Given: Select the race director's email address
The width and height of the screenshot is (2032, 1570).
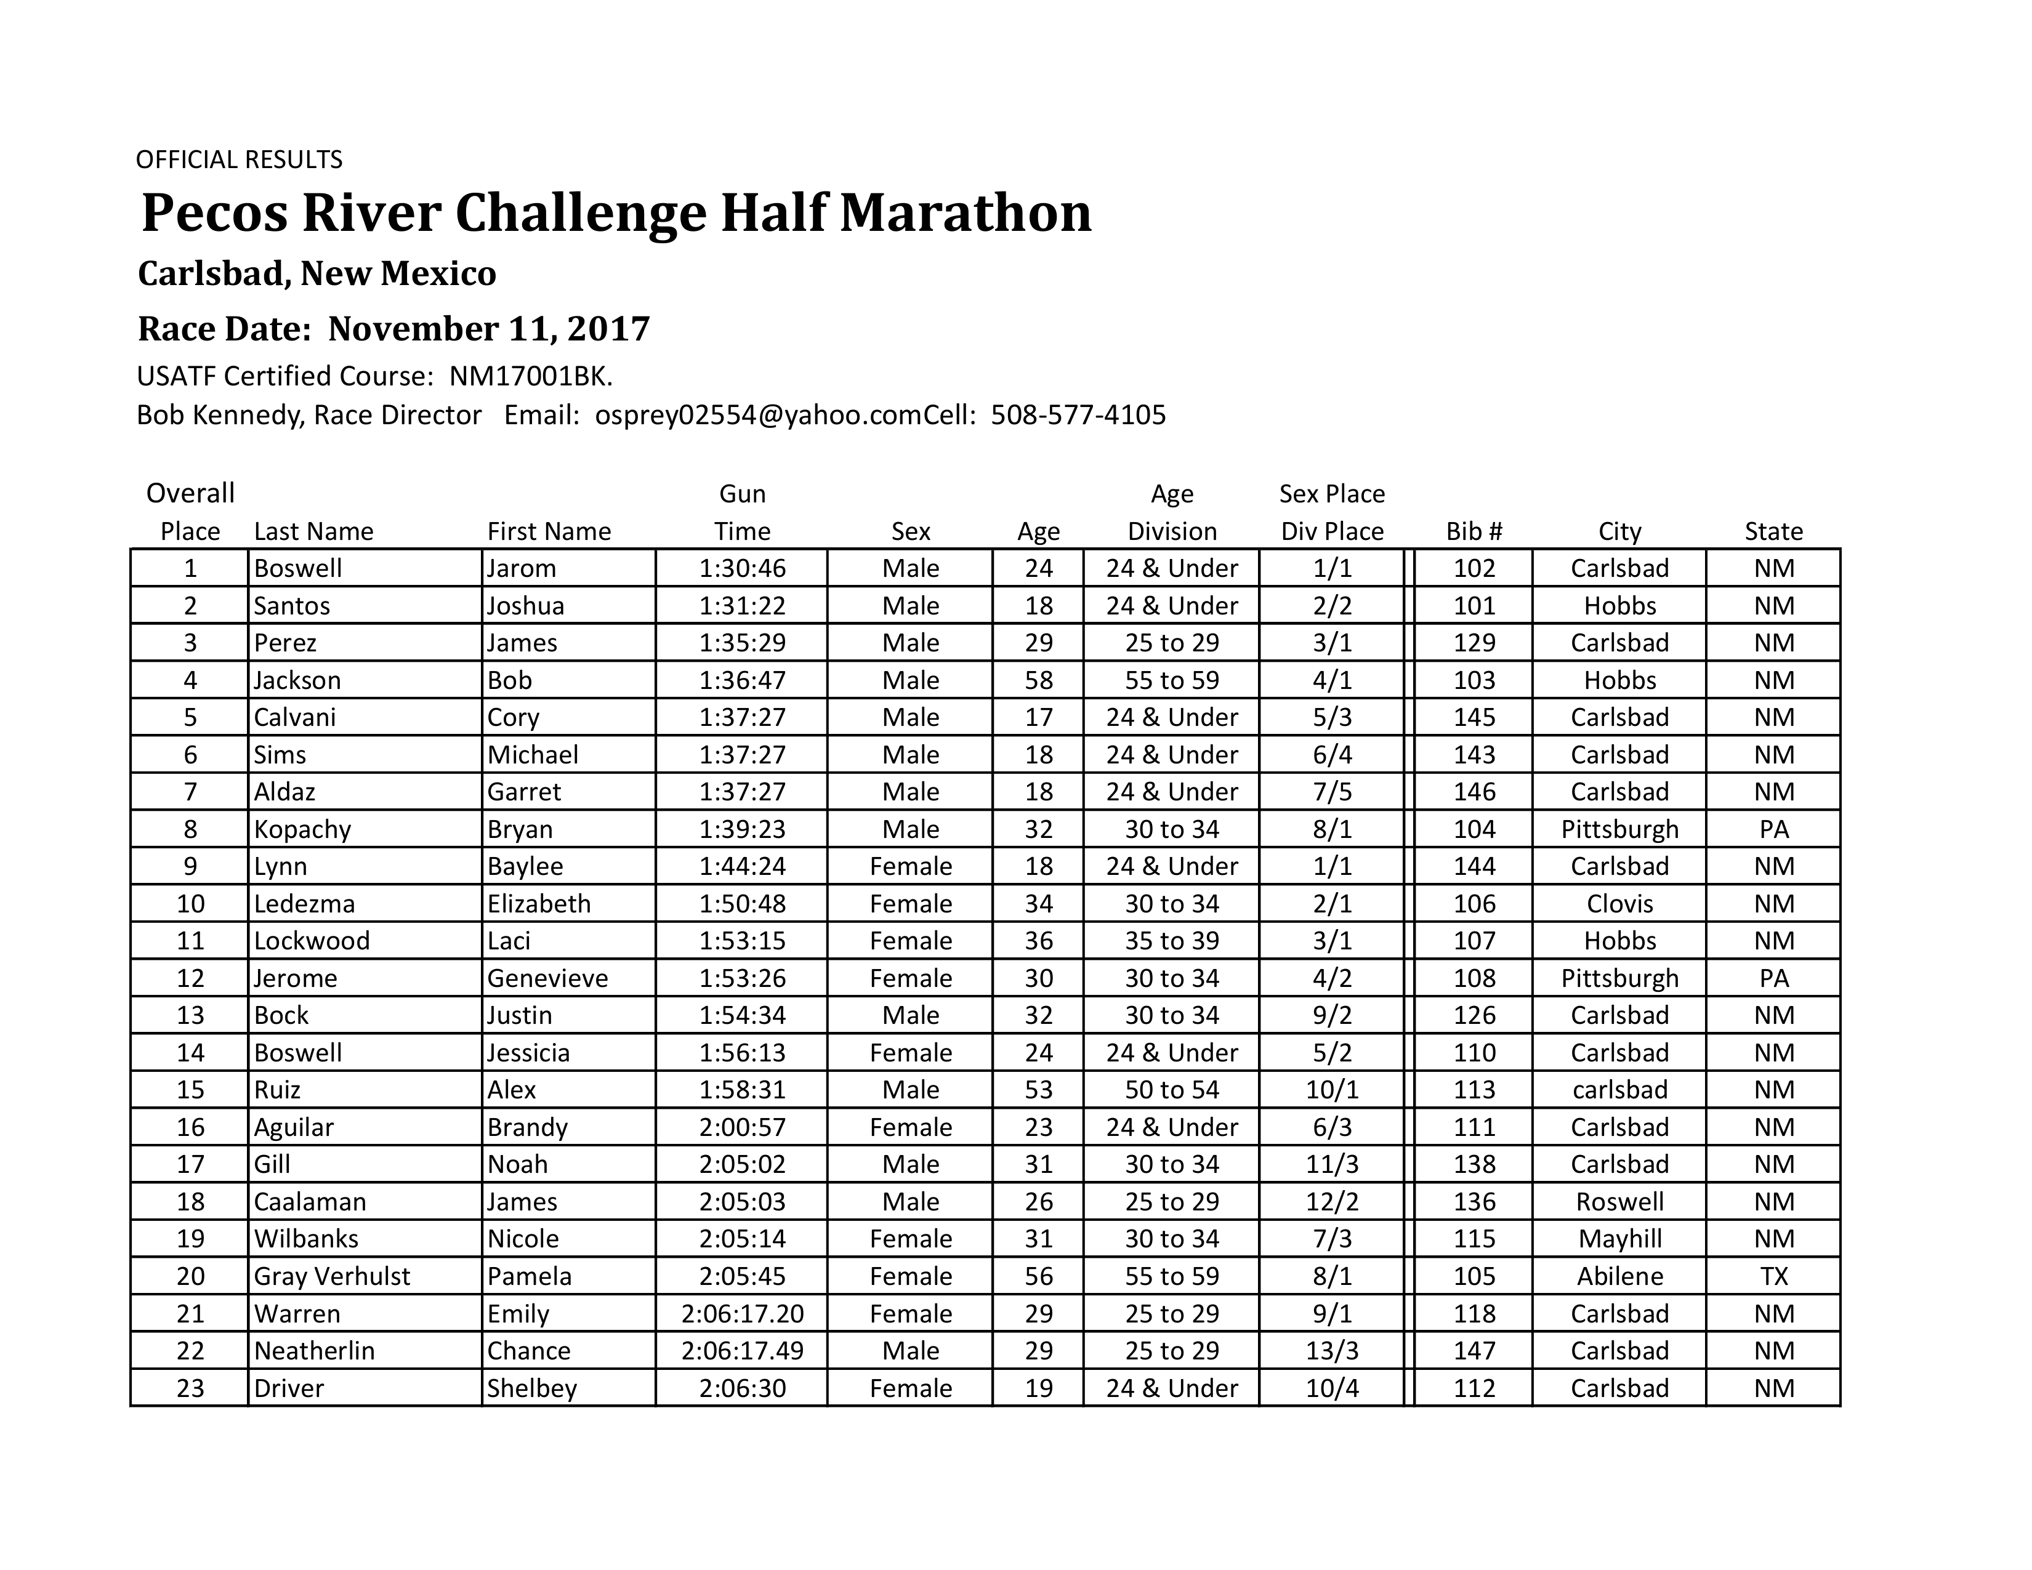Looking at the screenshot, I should tap(757, 415).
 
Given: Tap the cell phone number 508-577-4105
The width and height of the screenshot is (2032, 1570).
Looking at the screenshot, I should tap(1078, 415).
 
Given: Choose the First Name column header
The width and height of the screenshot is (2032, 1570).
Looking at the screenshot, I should tap(549, 531).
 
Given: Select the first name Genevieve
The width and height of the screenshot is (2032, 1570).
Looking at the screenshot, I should tap(547, 978).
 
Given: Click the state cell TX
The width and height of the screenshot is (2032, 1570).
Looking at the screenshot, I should tap(1773, 1276).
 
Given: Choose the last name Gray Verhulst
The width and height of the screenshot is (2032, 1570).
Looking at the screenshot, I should tap(332, 1276).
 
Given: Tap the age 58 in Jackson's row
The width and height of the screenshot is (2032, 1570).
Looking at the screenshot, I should tap(1038, 680).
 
